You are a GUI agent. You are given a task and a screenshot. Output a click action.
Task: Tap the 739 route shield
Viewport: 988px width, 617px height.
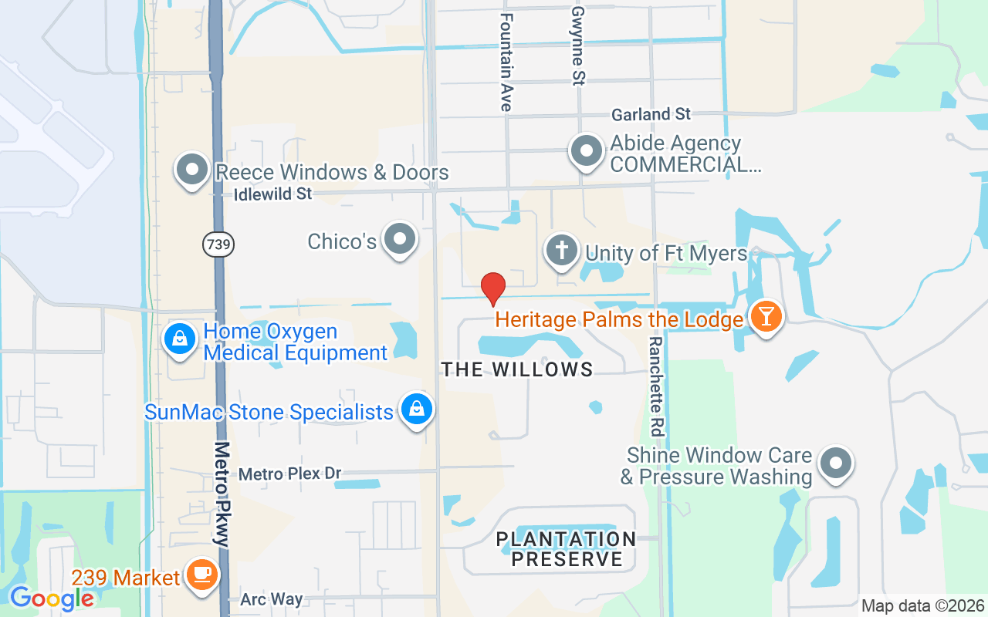(218, 245)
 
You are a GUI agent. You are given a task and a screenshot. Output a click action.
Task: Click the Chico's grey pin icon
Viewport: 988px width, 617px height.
(400, 239)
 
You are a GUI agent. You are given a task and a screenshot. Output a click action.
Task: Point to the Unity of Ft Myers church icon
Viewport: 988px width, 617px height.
(563, 251)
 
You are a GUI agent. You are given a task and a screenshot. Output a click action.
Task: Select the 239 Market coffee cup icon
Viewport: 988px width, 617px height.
(202, 575)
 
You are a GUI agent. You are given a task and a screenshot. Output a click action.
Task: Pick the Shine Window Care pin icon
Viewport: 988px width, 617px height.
(835, 464)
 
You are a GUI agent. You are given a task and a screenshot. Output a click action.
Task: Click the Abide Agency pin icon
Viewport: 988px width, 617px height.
(587, 151)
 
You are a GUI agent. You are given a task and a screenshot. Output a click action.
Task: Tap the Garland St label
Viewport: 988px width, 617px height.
(651, 114)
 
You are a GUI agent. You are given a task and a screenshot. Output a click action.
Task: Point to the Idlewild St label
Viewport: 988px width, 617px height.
(272, 194)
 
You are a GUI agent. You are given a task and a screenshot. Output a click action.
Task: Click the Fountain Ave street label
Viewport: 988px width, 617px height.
(506, 62)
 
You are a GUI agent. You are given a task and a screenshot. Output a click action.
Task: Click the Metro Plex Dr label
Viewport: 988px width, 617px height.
(289, 474)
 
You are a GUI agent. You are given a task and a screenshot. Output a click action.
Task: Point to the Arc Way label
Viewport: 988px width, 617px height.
(271, 599)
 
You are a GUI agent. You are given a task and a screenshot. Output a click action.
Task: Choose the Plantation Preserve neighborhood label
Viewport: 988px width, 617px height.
(567, 548)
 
